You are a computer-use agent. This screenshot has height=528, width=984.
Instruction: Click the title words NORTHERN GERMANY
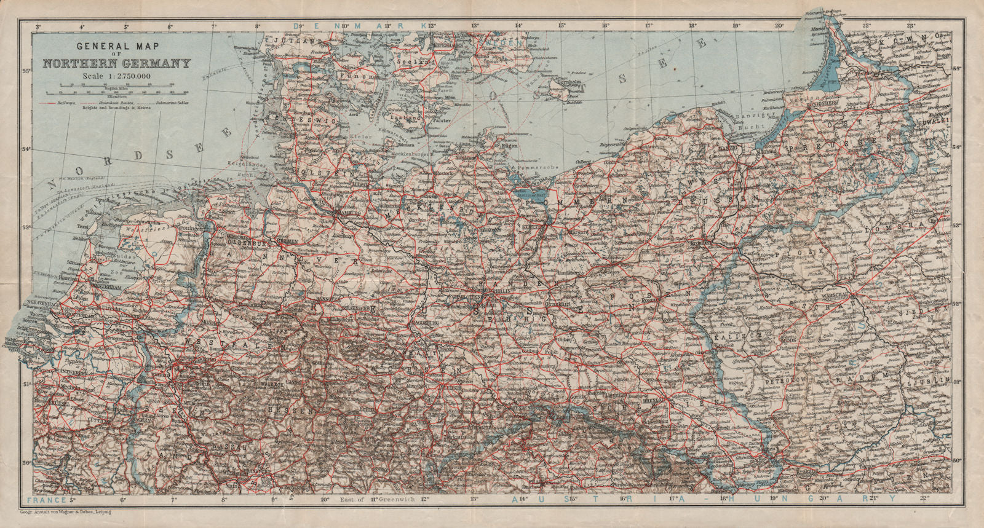pos(116,63)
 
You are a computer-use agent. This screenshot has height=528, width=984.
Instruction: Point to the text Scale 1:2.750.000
pos(116,75)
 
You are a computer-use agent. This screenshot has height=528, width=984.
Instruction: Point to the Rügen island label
pos(509,146)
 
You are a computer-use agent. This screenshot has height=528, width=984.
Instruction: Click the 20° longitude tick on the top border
pos(779,26)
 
